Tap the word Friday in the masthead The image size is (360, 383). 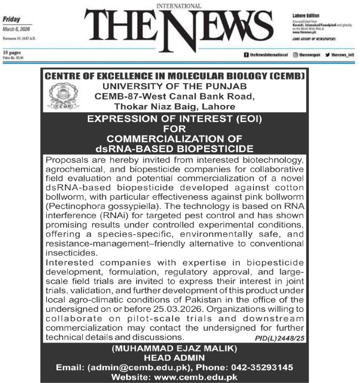point(12,20)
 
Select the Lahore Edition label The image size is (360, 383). point(306,16)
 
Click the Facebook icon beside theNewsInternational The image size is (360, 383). point(246,55)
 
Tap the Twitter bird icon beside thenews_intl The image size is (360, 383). point(327,55)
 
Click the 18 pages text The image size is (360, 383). point(11,52)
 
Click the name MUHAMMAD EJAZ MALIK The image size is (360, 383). point(174,348)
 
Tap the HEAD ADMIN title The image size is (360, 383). point(174,358)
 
